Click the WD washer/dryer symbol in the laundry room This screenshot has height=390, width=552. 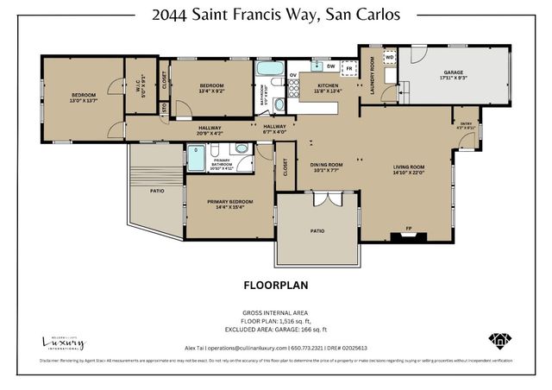(389, 57)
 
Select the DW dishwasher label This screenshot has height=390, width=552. (331, 66)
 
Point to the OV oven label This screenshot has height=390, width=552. (292, 75)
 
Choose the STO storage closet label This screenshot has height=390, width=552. (164, 108)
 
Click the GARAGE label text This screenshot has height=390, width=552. (455, 72)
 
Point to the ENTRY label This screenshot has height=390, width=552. (467, 123)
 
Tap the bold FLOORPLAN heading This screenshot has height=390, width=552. (276, 283)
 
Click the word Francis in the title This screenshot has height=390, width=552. (272, 16)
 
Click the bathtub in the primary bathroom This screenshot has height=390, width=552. (197, 160)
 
